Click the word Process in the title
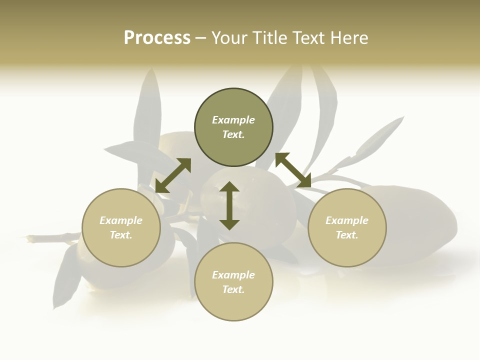click(157, 38)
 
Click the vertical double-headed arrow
click(229, 205)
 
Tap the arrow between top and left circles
click(173, 175)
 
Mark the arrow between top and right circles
click(293, 170)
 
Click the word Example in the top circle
click(233, 120)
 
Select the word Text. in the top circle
click(233, 134)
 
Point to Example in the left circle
click(121, 220)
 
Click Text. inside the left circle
click(121, 235)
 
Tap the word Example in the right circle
click(347, 220)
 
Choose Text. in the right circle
click(347, 235)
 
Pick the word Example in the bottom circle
click(233, 275)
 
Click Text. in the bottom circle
click(233, 289)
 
